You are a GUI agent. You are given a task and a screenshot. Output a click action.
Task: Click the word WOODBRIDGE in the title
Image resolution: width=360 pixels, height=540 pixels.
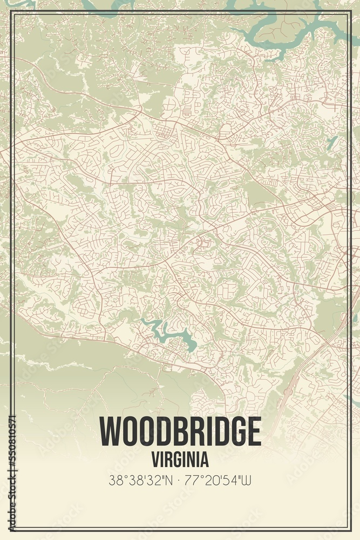point(180,431)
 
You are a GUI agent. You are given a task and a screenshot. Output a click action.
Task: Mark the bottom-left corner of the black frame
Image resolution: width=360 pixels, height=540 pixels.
point(12,528)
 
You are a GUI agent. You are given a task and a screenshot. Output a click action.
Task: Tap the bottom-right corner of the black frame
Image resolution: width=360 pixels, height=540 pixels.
point(348,528)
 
